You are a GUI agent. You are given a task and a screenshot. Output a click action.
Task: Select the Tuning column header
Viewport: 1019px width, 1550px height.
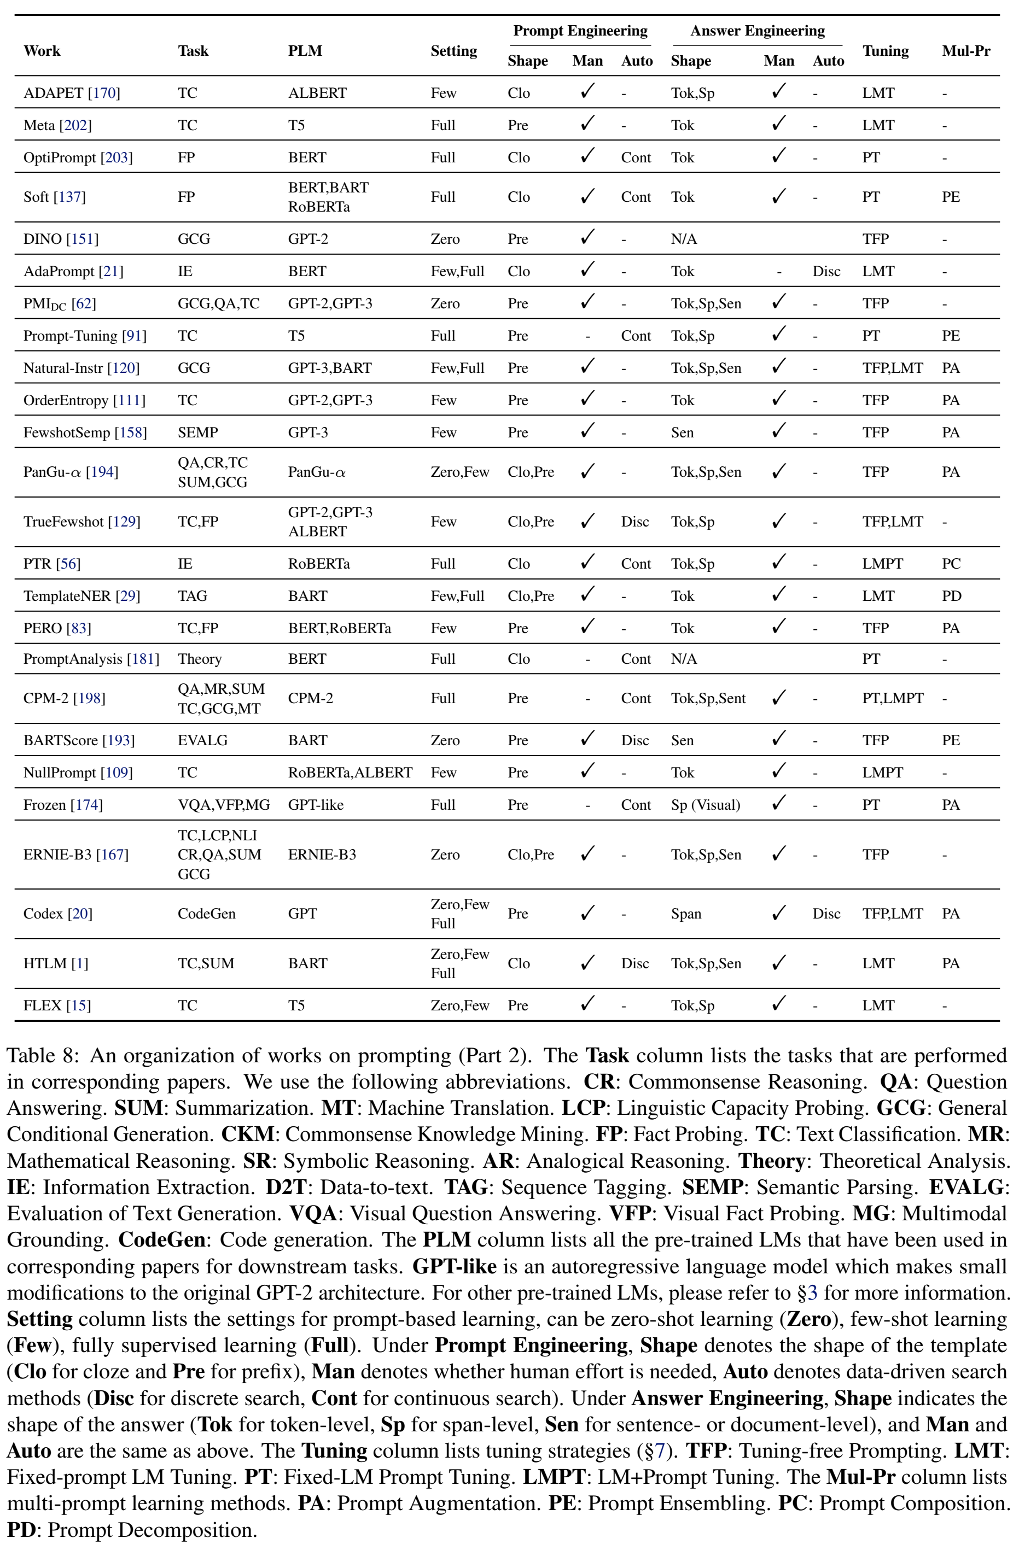pyautogui.click(x=885, y=51)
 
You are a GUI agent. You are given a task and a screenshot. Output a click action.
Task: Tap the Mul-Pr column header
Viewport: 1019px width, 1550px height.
pyautogui.click(x=965, y=51)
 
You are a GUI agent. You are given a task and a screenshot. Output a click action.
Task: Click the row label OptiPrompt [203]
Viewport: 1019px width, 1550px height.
pyautogui.click(x=78, y=157)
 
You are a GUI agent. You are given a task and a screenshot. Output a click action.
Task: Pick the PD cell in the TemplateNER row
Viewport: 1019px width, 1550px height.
pyautogui.click(x=951, y=596)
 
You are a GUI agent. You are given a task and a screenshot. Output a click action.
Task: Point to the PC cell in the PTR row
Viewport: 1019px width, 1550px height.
pyautogui.click(x=951, y=563)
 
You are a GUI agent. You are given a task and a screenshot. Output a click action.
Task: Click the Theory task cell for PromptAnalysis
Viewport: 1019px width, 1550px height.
pyautogui.click(x=199, y=659)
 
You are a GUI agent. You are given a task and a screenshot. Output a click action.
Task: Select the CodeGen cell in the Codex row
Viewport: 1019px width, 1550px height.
pyautogui.click(x=206, y=914)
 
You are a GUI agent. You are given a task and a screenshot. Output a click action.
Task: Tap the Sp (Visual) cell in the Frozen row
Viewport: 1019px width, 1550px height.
pyautogui.click(x=705, y=805)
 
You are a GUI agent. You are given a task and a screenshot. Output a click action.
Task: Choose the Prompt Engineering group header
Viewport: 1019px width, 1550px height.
pyautogui.click(x=580, y=31)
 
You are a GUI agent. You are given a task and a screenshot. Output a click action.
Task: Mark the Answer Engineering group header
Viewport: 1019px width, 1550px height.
pyautogui.click(x=757, y=31)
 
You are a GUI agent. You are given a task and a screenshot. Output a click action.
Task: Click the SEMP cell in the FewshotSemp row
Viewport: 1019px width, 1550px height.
pyautogui.click(x=197, y=432)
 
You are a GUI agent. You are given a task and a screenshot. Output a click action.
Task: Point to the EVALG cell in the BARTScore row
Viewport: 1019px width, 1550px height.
pyautogui.click(x=202, y=740)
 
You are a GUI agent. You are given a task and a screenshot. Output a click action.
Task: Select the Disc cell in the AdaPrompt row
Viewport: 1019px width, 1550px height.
pyautogui.click(x=826, y=272)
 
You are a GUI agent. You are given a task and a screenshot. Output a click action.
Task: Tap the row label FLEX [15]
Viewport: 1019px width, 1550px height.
pyautogui.click(x=57, y=1005)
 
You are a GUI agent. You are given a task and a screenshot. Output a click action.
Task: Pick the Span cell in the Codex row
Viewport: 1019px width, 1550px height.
pyautogui.click(x=686, y=914)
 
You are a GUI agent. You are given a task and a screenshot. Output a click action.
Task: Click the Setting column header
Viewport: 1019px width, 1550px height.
pyautogui.click(x=453, y=51)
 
